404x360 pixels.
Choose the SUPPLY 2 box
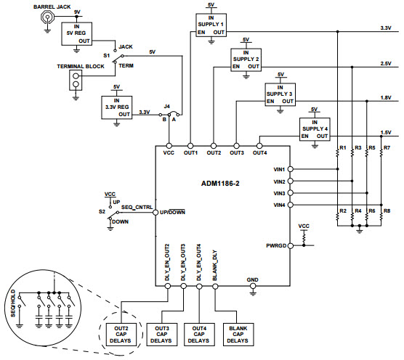[x=246, y=60]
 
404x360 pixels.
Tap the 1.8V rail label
[x=386, y=98]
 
